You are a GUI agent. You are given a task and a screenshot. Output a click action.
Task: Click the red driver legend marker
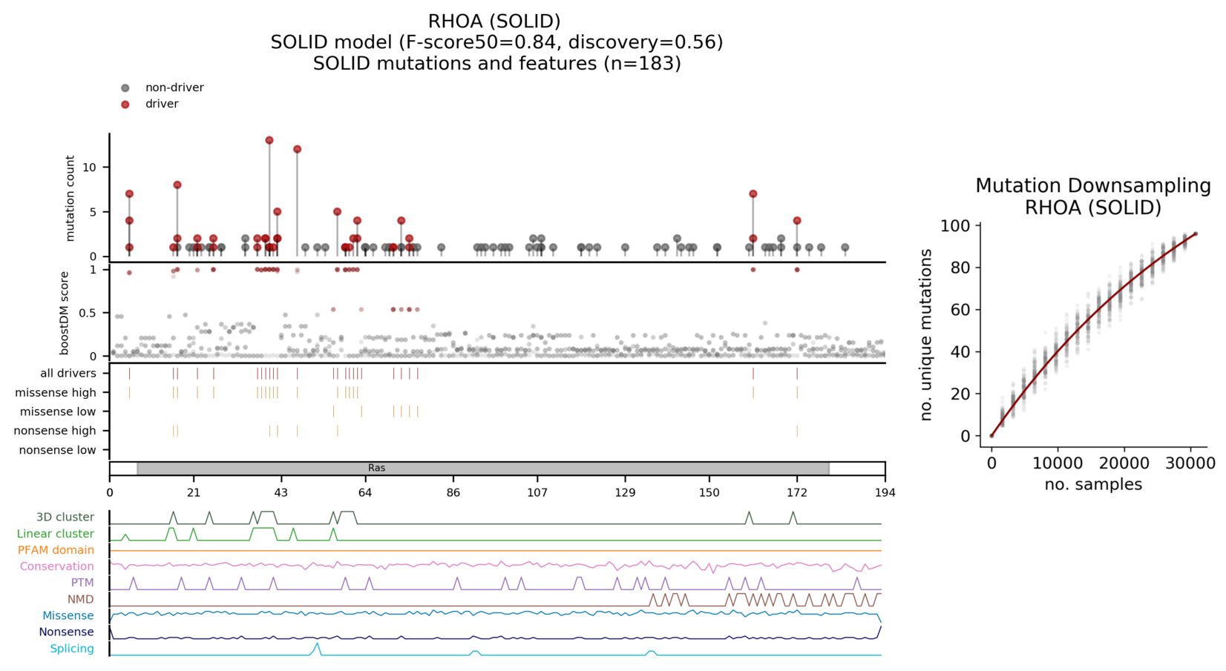[x=125, y=105]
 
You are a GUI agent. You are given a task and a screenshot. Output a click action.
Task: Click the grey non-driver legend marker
[x=125, y=88]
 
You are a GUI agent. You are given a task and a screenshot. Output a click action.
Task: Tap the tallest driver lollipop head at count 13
[x=269, y=141]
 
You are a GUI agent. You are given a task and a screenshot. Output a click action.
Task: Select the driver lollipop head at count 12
[x=298, y=150]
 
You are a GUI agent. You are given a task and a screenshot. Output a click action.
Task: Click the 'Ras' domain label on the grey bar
[x=376, y=469]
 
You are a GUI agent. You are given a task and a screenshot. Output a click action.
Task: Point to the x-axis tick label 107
[x=537, y=493]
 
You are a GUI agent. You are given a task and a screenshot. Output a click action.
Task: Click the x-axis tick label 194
[x=885, y=493]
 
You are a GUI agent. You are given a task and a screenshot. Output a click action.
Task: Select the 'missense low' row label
[x=58, y=411]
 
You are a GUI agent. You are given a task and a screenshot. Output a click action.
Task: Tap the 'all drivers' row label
[x=68, y=374]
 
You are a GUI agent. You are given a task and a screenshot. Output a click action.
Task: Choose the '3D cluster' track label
[x=65, y=518]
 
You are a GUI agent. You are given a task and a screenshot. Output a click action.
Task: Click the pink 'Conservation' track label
[x=57, y=566]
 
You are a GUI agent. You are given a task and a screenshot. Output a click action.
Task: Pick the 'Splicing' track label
[x=72, y=649]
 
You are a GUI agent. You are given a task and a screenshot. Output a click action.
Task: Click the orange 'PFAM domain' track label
[x=56, y=550]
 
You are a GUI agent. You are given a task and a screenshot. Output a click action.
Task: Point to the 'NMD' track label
[x=81, y=599]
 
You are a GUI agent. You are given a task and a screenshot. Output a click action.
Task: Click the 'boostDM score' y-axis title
[x=65, y=313]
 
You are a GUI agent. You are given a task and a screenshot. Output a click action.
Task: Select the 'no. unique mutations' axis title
[x=925, y=335]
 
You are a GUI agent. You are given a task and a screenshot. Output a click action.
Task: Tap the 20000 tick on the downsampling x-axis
[x=1124, y=464]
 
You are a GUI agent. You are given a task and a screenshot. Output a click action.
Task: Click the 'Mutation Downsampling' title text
[x=1092, y=185]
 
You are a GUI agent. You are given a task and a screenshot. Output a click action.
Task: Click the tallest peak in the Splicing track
[x=318, y=644]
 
